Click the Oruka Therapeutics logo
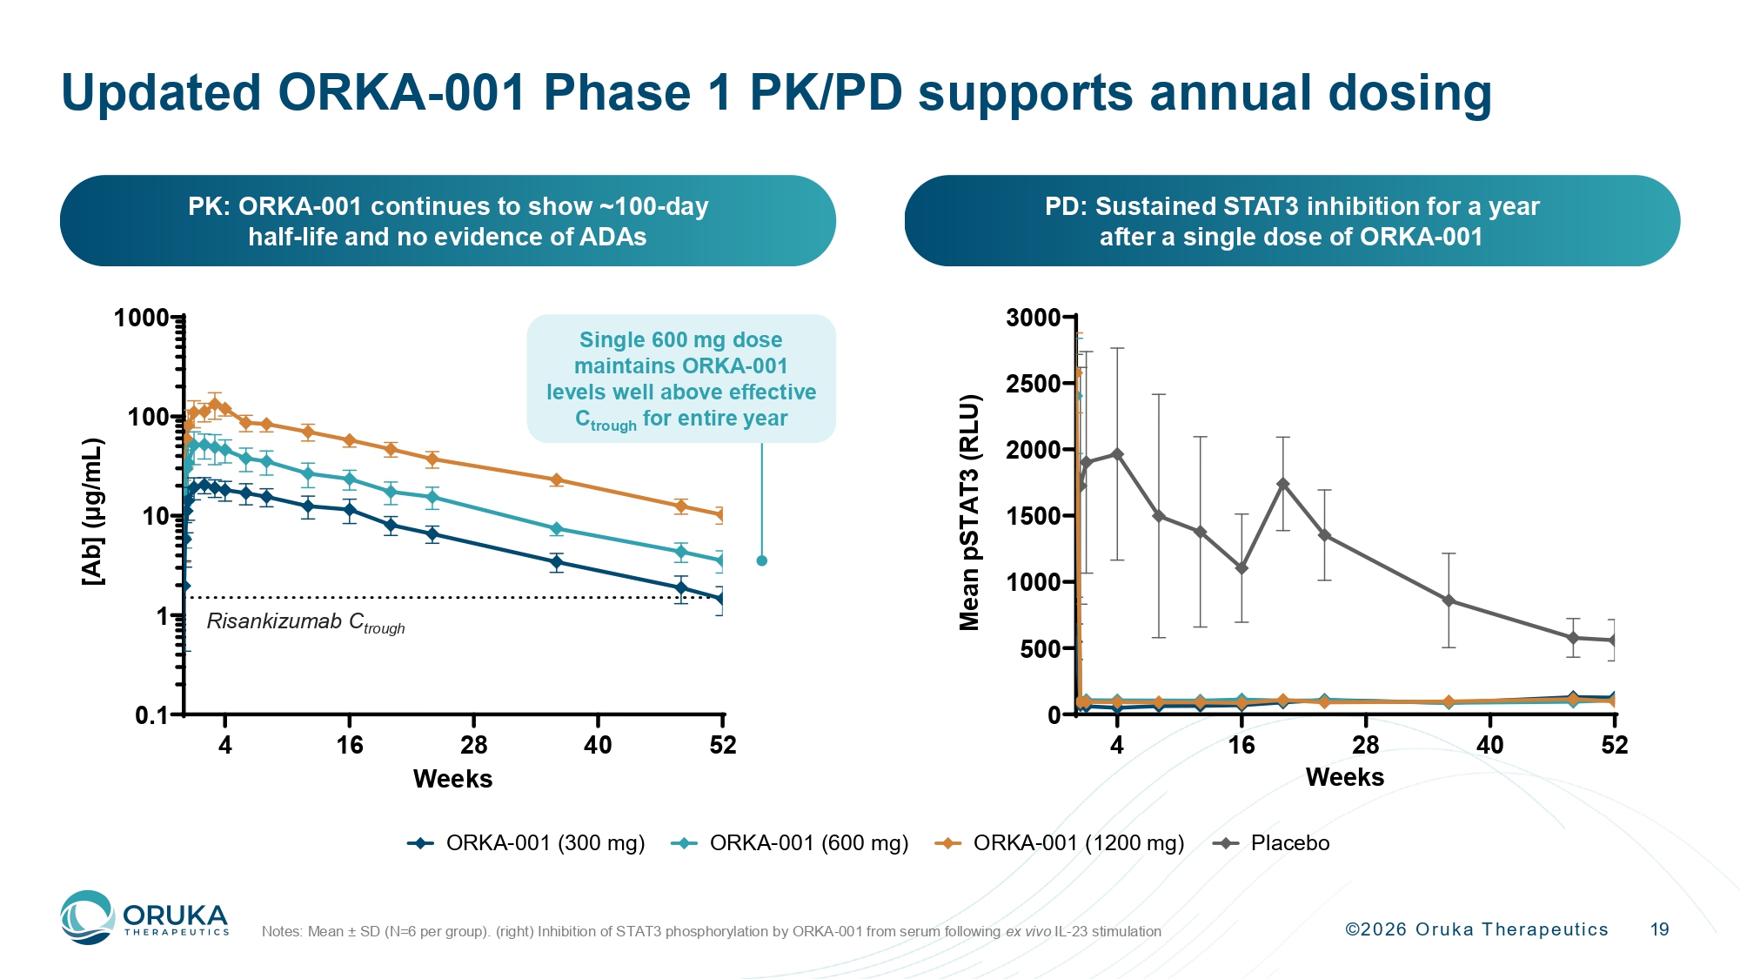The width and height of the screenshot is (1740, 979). [144, 917]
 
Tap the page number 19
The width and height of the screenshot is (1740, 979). [1659, 929]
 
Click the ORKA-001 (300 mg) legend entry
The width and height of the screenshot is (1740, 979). [526, 843]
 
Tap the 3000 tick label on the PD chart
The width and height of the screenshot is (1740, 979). [1033, 318]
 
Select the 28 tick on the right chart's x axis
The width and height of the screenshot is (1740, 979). [1365, 745]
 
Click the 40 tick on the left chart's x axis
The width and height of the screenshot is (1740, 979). [598, 745]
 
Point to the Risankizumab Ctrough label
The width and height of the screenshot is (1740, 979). [305, 622]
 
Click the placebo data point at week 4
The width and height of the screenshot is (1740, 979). [1117, 454]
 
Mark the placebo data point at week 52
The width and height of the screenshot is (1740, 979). [1613, 640]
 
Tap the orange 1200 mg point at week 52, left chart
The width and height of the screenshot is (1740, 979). [720, 514]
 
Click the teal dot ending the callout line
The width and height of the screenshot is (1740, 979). [762, 560]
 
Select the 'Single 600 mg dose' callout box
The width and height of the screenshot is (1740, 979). [681, 379]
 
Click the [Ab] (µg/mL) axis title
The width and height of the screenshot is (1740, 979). [93, 512]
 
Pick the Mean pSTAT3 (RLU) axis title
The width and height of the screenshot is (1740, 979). [969, 513]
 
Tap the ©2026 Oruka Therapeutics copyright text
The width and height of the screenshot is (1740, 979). [1476, 929]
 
